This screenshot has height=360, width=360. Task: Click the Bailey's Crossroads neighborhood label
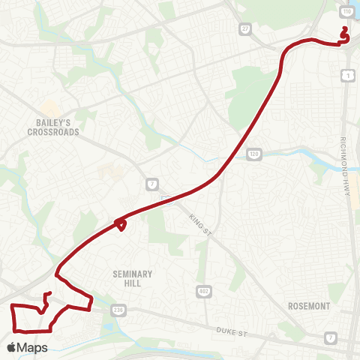52,125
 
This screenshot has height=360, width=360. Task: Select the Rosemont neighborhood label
309,306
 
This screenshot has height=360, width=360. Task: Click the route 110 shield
347,13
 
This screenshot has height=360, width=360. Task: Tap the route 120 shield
254,153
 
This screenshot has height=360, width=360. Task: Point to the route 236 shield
118,310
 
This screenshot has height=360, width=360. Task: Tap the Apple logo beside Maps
12,347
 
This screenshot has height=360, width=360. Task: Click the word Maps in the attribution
33,347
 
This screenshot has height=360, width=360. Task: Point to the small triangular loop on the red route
120,223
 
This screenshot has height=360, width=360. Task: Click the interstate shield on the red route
166,199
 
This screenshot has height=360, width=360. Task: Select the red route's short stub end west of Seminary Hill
49,293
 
